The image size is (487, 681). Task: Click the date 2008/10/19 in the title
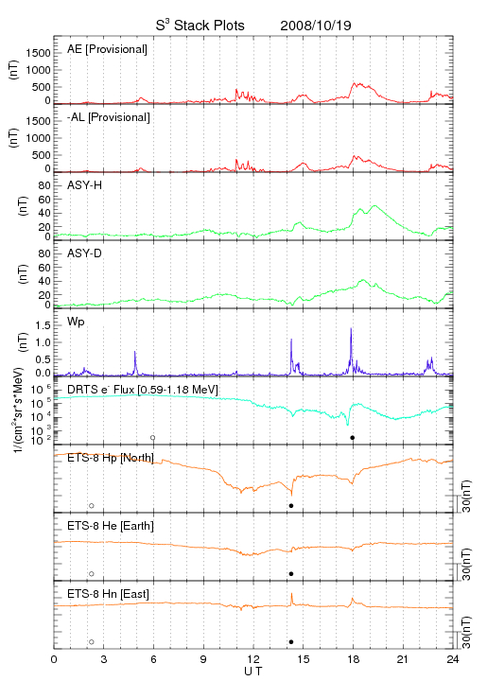click(316, 26)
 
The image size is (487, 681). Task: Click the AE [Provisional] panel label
click(107, 49)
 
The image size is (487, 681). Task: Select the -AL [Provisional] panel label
click(109, 117)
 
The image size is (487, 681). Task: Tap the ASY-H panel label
click(85, 185)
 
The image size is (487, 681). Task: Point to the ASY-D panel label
click(85, 253)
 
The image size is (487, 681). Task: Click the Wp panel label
click(76, 322)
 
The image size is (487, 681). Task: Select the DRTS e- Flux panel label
click(143, 390)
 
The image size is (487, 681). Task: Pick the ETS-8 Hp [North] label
click(111, 458)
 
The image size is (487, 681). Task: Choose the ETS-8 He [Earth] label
click(111, 526)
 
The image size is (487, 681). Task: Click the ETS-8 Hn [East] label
click(108, 594)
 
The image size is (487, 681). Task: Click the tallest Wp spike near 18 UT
click(351, 329)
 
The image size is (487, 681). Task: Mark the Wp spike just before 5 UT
click(135, 352)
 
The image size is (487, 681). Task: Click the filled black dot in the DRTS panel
click(353, 438)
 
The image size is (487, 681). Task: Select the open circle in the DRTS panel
click(153, 438)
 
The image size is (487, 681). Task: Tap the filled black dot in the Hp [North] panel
click(291, 505)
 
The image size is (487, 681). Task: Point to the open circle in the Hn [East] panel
click(92, 642)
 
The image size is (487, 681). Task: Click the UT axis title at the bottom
click(253, 672)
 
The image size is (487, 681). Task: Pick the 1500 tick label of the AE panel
click(38, 53)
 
